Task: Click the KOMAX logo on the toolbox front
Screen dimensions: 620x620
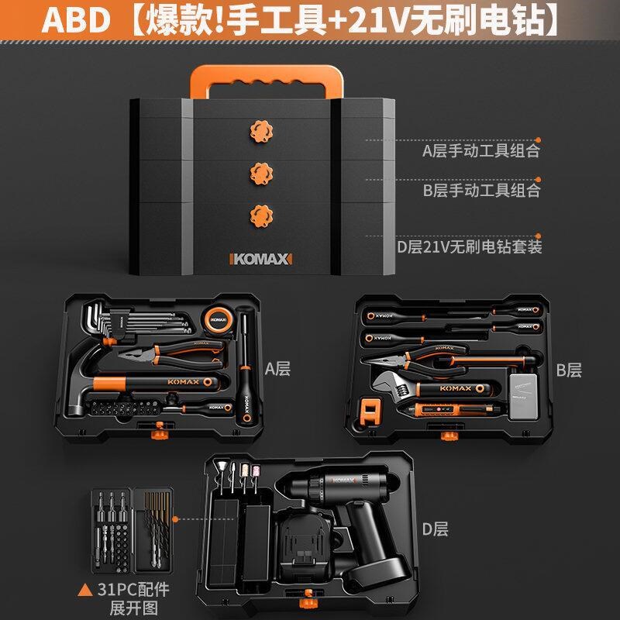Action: tap(260, 257)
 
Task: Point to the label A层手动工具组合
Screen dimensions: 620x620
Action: tap(480, 150)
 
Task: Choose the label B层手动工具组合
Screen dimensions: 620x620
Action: tap(480, 190)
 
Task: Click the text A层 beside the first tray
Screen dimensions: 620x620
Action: tap(277, 369)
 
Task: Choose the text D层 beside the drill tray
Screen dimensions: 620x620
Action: tap(434, 529)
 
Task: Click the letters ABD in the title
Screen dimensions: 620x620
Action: tap(76, 21)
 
